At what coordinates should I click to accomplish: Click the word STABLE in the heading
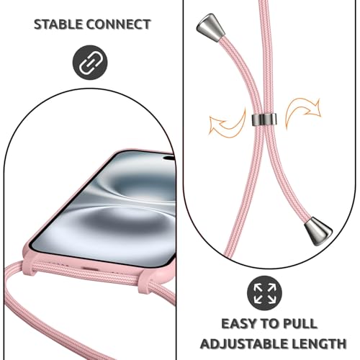click(58, 24)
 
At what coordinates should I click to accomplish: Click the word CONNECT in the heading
click(119, 24)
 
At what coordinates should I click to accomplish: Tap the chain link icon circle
click(90, 63)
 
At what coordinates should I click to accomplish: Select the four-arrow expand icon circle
click(264, 293)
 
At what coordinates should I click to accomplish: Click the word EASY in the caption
click(239, 323)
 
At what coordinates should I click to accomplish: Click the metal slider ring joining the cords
click(264, 120)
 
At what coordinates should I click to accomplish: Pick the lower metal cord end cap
click(318, 231)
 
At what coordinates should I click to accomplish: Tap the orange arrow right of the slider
click(303, 113)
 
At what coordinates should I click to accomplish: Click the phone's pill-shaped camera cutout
click(169, 158)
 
